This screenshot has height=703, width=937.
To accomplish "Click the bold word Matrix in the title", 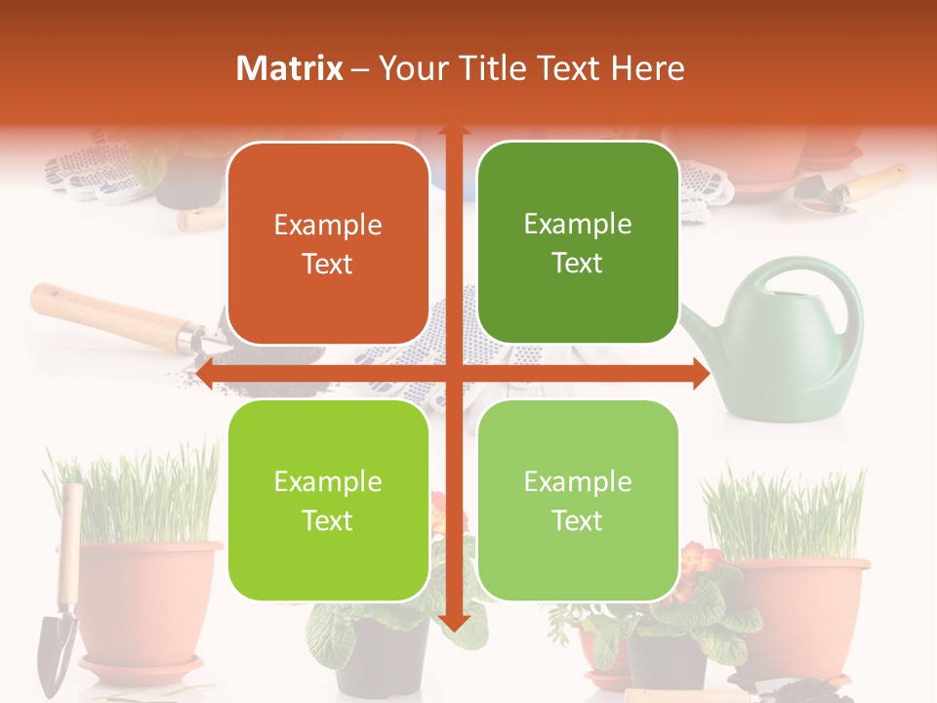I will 290,68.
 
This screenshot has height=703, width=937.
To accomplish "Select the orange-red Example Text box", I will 328,244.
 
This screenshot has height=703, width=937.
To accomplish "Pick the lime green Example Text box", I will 328,501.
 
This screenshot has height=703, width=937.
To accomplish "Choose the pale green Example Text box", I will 578,501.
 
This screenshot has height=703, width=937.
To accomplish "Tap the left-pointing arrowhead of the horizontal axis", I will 205,373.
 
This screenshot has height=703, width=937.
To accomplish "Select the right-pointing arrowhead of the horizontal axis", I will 700,373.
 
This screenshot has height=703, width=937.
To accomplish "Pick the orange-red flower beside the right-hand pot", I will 701,561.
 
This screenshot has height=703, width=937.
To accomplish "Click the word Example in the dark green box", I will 578,225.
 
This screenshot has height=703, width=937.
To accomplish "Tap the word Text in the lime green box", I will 328,520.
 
